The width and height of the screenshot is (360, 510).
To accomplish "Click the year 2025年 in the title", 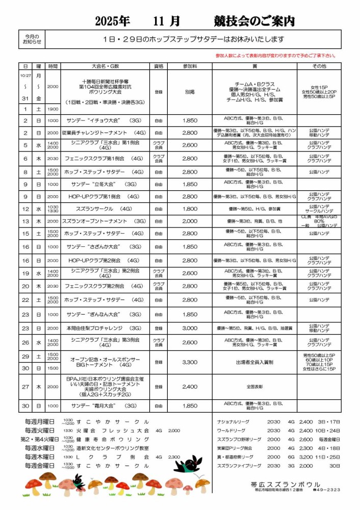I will pyautogui.click(x=112, y=21).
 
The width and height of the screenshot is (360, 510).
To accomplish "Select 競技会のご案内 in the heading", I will pyautogui.click(x=254, y=21).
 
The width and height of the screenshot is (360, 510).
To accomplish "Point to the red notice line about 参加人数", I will pyautogui.click(x=276, y=56).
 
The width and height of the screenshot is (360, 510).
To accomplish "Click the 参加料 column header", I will pyautogui.click(x=189, y=66).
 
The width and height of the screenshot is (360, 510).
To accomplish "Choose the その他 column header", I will pyautogui.click(x=319, y=66).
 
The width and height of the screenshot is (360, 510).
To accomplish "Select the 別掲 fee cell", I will pyautogui.click(x=189, y=92).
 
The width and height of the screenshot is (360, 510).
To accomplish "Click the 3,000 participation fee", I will pyautogui.click(x=189, y=328).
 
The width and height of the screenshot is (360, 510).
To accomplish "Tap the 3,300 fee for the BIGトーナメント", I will pyautogui.click(x=189, y=362).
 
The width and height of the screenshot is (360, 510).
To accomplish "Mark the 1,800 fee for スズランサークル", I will pyautogui.click(x=189, y=209).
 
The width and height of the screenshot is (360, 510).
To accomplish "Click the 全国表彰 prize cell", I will pyautogui.click(x=254, y=387).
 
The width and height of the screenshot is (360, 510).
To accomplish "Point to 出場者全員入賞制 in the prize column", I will pyautogui.click(x=254, y=362).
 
